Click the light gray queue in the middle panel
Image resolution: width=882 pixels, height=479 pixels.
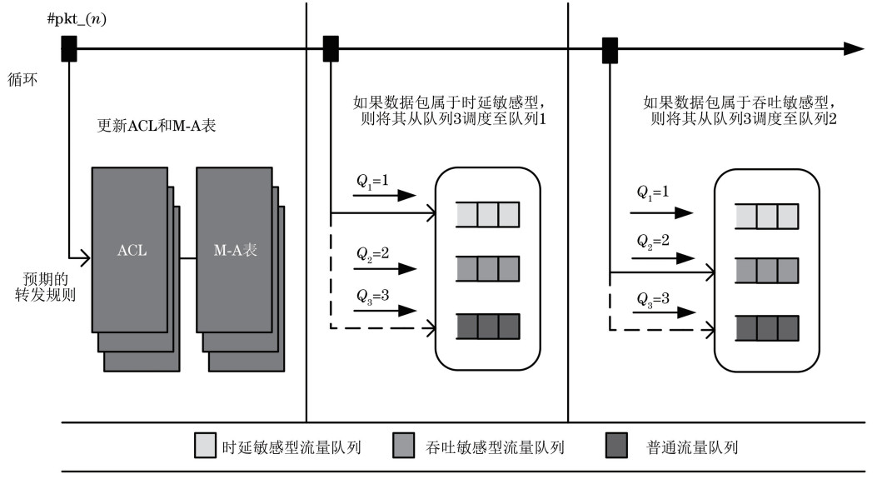click(x=487, y=214)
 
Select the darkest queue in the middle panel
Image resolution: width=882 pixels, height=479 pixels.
click(x=487, y=326)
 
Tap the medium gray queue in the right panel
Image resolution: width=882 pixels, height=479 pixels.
click(x=767, y=272)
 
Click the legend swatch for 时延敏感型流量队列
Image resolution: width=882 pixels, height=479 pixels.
click(x=204, y=447)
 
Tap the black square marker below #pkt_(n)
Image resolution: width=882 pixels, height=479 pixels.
click(x=70, y=48)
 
